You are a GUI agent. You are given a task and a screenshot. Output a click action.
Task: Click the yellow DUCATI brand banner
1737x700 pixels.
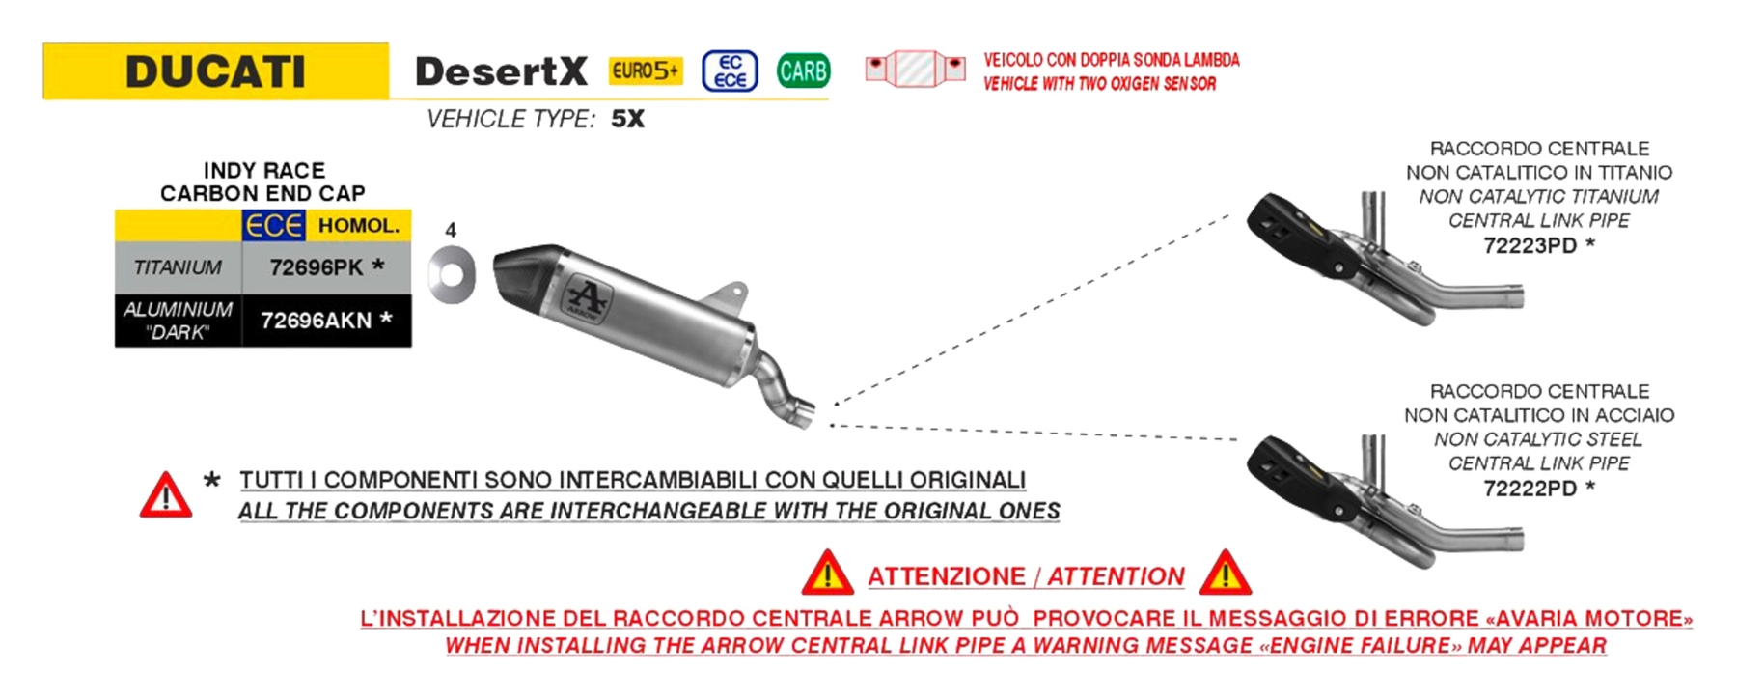click(x=215, y=70)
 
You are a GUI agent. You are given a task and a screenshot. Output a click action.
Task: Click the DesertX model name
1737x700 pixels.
click(x=501, y=71)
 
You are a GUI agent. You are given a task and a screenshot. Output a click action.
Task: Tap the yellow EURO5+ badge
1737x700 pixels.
click(x=645, y=70)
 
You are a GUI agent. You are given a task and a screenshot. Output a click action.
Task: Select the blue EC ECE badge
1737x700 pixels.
click(x=730, y=71)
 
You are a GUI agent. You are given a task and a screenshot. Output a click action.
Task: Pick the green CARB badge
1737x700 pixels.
click(x=803, y=70)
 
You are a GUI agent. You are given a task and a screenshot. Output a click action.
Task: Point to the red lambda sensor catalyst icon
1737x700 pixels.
click(x=915, y=69)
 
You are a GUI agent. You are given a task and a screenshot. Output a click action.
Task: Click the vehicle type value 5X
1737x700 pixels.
click(x=627, y=119)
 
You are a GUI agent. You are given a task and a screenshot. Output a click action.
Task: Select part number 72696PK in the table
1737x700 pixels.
click(x=317, y=267)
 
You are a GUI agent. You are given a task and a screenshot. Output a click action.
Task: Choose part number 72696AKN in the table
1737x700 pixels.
click(x=317, y=321)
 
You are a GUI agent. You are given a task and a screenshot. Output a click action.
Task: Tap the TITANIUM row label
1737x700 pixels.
click(x=178, y=267)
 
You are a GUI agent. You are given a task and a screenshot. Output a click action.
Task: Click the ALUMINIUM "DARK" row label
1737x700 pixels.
click(x=178, y=321)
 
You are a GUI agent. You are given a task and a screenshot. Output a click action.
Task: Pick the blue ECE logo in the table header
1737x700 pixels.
click(x=274, y=225)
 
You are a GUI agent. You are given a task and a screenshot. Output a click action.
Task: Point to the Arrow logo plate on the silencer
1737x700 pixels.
click(x=585, y=300)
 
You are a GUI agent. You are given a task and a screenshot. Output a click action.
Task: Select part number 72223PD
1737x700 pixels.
click(x=1530, y=245)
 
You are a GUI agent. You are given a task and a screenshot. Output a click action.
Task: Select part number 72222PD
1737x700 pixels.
click(x=1530, y=489)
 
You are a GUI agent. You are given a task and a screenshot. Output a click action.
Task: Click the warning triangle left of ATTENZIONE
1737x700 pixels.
click(x=827, y=573)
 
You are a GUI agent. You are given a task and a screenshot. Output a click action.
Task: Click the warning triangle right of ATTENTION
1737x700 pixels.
click(x=1226, y=573)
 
